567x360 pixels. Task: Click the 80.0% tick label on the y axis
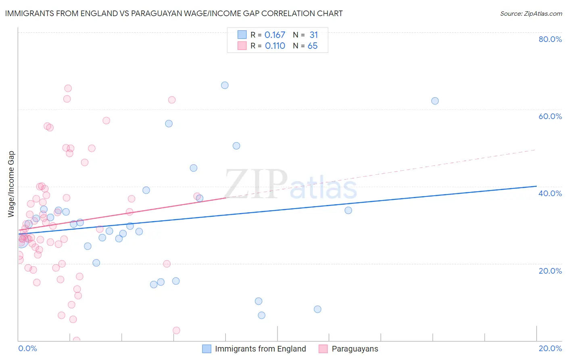pos(550,39)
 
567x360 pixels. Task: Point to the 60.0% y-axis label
pos(550,116)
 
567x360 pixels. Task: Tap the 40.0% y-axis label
pos(550,193)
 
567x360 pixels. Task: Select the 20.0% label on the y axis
pos(550,270)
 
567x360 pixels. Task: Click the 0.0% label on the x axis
pos(28,348)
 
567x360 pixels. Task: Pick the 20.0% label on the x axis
pos(550,348)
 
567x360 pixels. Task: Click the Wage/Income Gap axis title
pos(11,184)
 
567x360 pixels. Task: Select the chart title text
pos(174,13)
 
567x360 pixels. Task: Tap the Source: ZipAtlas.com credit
pos(531,14)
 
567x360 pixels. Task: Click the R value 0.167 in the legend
pos(275,35)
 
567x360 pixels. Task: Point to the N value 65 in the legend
pos(313,46)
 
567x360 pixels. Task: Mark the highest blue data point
pos(225,85)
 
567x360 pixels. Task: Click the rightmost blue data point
pos(435,101)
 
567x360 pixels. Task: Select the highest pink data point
pos(68,88)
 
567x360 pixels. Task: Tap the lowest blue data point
pos(262,315)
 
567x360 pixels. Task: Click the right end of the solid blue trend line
pos(536,186)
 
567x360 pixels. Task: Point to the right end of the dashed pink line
pos(536,150)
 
